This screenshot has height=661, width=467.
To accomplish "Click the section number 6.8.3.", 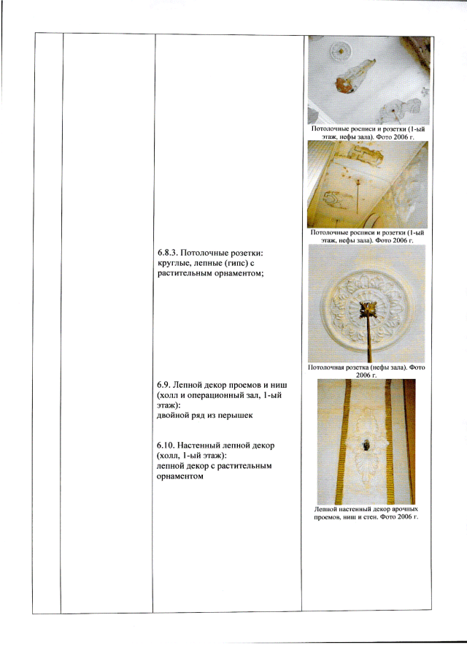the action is tap(169, 253).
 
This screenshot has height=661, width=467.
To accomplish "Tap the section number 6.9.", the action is tap(163, 385).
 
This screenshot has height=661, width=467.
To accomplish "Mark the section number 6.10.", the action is tap(166, 446).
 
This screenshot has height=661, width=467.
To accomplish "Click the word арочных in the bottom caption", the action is tap(406, 509).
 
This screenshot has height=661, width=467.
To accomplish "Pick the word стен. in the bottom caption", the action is tap(371, 517).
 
